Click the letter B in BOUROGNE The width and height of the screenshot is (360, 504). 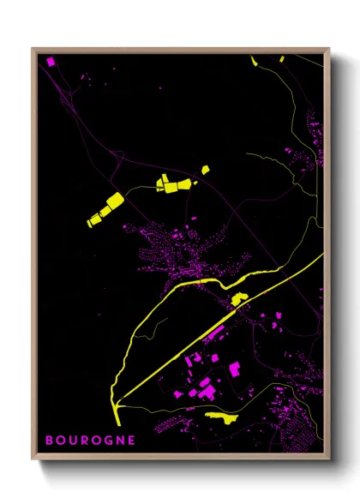[50, 441]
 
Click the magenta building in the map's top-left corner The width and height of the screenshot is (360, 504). [50, 62]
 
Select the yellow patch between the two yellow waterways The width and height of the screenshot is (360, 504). [239, 299]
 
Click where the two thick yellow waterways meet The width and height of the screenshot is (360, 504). [117, 400]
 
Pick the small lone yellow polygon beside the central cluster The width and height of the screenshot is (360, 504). [205, 171]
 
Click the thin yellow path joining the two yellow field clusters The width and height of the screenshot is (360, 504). [137, 189]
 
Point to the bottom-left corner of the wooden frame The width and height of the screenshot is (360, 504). [33, 456]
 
